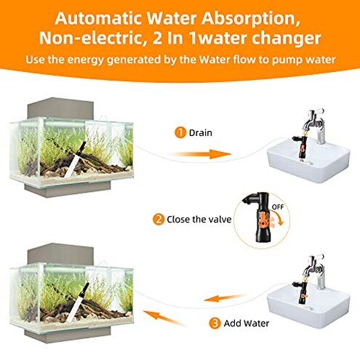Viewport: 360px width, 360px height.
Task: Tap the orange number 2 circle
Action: pos(158,218)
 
